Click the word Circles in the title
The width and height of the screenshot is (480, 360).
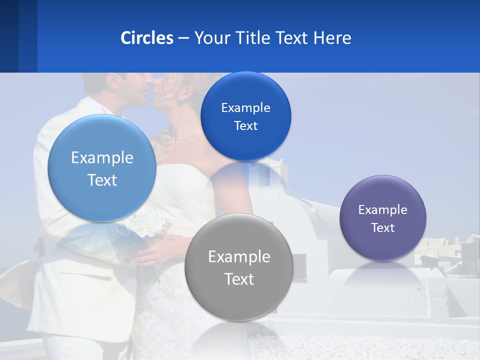coord(147,38)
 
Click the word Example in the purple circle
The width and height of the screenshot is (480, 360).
coord(382,209)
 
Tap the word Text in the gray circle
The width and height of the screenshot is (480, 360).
coord(239,278)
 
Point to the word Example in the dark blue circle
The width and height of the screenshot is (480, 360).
coord(245,107)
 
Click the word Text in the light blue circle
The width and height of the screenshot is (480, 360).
coord(102,179)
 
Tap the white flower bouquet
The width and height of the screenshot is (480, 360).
coord(147,222)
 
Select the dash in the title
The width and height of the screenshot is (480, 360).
coord(183,38)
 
